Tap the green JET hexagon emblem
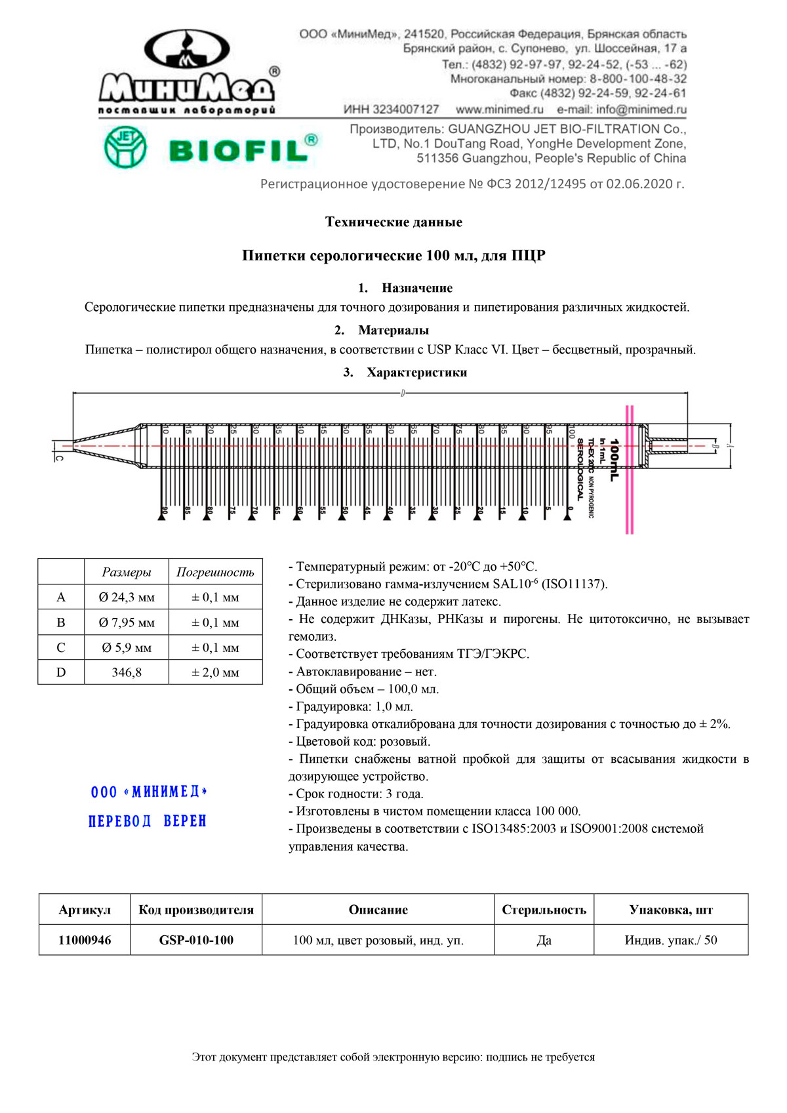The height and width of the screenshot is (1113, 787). pos(125,147)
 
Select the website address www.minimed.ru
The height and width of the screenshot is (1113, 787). pos(499,110)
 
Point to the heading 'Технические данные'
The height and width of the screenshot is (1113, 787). pos(393,222)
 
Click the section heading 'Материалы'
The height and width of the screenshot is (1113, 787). pos(393,330)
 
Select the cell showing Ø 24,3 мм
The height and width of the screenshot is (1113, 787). pos(127,597)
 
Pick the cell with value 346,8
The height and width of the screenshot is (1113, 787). pos(127,672)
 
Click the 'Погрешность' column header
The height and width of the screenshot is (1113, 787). pos(215,572)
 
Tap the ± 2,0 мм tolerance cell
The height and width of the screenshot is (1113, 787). pos(215,672)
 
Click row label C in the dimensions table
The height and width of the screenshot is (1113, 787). pos(61,647)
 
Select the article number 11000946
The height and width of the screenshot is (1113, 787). pos(85,940)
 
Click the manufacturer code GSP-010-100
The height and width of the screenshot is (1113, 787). pos(196,940)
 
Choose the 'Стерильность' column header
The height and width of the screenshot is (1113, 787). pos(544,910)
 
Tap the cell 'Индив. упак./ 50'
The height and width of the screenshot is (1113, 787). pos(670,940)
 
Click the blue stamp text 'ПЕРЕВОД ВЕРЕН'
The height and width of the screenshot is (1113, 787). pos(148,821)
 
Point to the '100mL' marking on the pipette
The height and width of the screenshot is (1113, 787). pos(614,459)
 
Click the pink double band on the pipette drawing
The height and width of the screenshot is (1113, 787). pos(630,469)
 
